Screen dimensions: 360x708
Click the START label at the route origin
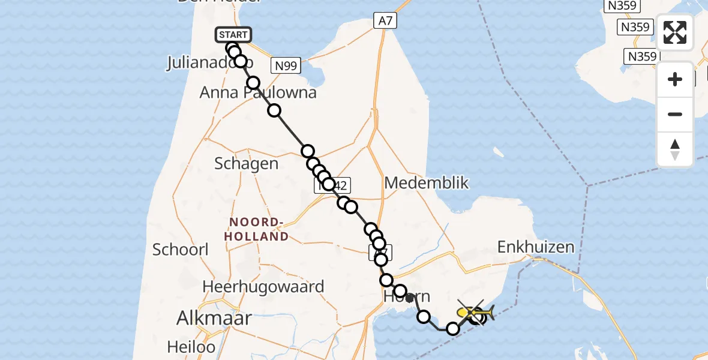coord(233,35)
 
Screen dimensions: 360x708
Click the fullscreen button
coord(675,32)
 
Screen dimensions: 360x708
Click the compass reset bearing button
coord(675,149)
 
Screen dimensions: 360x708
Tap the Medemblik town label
coord(427,183)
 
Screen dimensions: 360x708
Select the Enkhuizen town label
coord(536,247)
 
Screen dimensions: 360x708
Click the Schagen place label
coord(247,164)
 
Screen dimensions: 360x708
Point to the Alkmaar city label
coord(214,318)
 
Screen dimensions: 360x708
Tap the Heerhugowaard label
coord(263,287)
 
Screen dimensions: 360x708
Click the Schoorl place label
coord(181,250)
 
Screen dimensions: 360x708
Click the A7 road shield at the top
coord(385,21)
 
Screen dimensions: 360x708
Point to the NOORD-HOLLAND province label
coord(257,229)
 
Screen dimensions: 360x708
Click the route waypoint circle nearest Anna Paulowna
coord(254,83)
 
